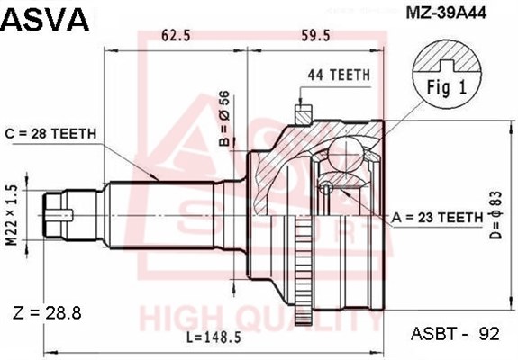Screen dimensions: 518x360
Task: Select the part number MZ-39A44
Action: (446, 13)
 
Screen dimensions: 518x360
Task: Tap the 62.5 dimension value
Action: (176, 35)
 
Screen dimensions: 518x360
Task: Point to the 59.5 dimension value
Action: (316, 35)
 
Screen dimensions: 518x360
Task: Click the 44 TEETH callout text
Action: (339, 76)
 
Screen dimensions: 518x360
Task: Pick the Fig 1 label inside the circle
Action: (446, 87)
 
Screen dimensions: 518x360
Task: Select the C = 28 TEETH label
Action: (50, 133)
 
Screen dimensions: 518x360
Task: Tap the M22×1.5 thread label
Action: (12, 215)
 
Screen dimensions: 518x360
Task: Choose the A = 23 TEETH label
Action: (437, 218)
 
